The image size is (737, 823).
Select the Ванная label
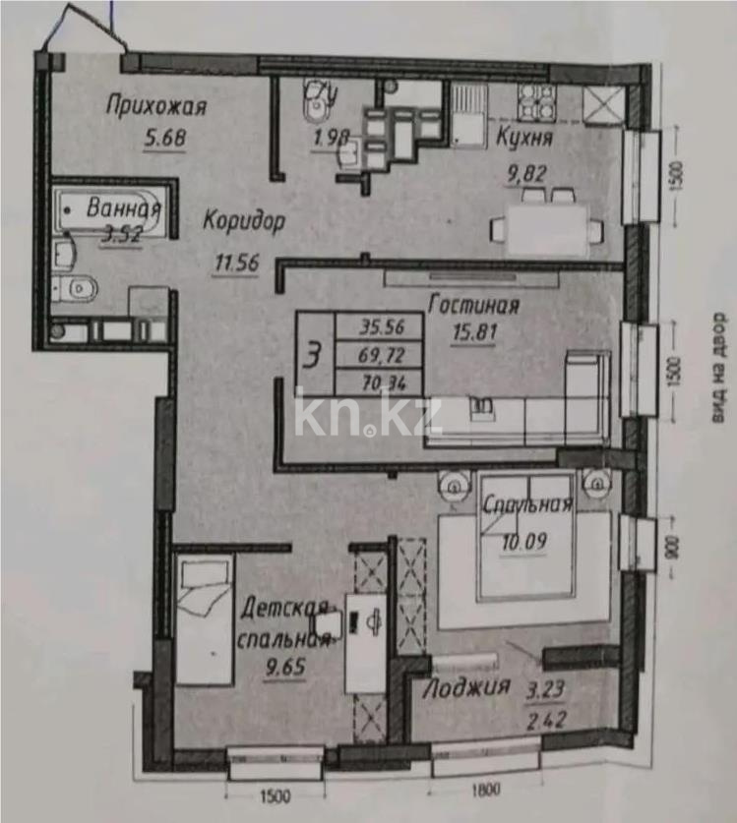tap(123, 207)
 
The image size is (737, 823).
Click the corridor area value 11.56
tap(239, 262)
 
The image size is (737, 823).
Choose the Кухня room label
tap(522, 138)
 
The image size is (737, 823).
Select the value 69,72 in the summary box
tap(379, 354)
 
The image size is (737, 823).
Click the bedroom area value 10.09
tap(524, 540)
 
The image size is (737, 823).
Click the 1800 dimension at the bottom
tap(483, 788)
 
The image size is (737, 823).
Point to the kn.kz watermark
tap(369, 417)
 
